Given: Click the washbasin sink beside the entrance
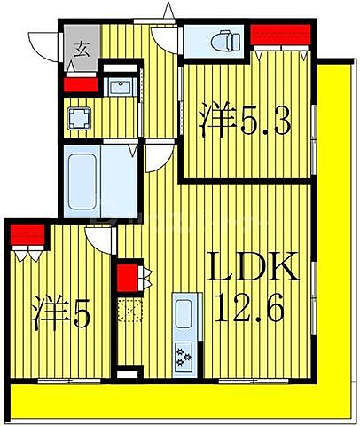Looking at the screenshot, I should tap(115, 86).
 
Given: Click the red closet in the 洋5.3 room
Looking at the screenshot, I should tap(280, 35).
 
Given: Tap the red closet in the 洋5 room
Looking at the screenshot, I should tap(28, 234).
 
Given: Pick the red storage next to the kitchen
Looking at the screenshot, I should tap(128, 278).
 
